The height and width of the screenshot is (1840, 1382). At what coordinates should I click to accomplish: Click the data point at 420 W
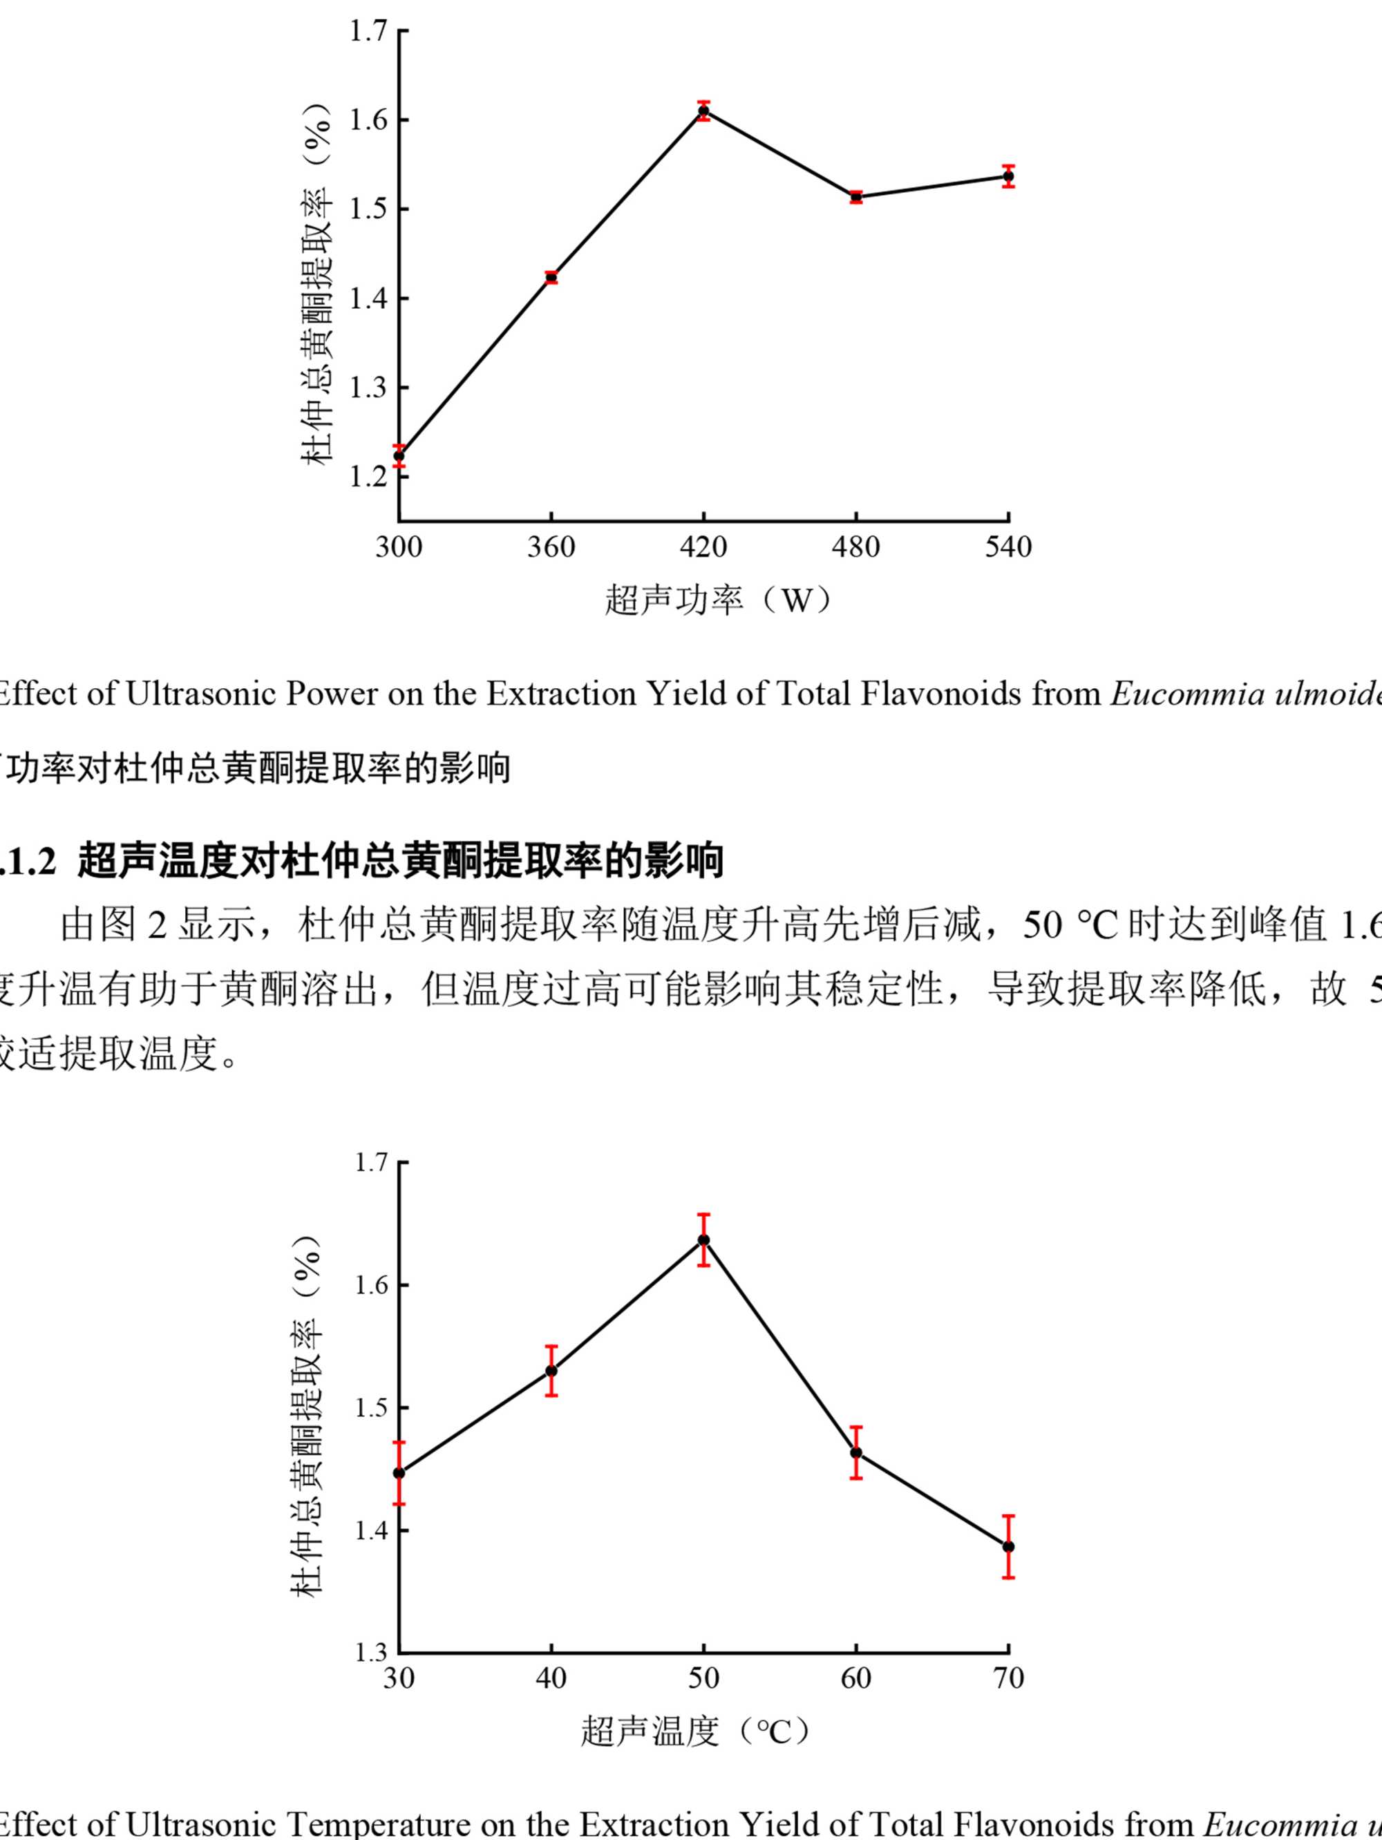coord(704,111)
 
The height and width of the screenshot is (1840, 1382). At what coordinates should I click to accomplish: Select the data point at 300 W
coord(399,455)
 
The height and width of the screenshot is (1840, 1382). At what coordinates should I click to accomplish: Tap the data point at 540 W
coord(1008,176)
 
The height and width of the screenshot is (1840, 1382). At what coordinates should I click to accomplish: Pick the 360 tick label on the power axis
coord(551,547)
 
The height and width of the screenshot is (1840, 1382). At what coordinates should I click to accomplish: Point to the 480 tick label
coord(855,547)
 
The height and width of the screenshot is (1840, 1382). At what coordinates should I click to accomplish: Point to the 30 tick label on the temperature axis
coord(399,1678)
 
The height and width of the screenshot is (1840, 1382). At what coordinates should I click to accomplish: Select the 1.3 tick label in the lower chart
coord(370,1651)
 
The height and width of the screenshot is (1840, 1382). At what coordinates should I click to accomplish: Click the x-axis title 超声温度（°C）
coord(696,1732)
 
